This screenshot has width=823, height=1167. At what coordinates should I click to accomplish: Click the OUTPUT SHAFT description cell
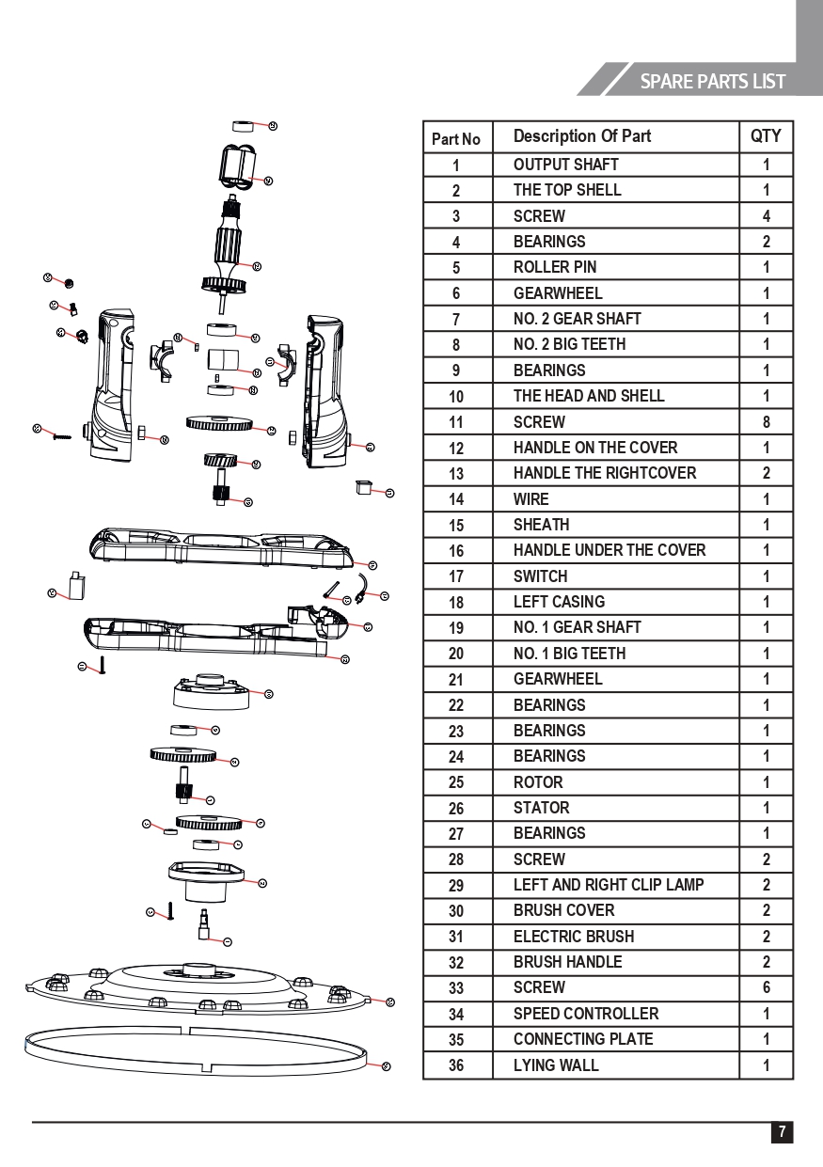pos(565,165)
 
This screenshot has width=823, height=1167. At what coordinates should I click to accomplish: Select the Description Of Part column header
pos(581,136)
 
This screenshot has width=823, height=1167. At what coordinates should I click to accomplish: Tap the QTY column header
pos(766,136)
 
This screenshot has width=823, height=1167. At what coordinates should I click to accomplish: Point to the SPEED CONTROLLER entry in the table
pos(585,1014)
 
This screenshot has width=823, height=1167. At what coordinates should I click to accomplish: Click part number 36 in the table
pos(456,1065)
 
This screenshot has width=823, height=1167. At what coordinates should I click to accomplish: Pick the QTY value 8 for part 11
pos(766,422)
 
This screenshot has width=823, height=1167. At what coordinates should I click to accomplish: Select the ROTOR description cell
pos(538,782)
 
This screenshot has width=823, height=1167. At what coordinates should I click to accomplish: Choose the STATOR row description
pos(541,808)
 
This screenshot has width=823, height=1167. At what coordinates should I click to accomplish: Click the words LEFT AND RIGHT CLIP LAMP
pos(608,885)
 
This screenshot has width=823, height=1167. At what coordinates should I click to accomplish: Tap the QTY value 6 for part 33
pos(766,987)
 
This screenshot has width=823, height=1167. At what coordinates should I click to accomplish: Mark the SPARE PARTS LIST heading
pos(712,81)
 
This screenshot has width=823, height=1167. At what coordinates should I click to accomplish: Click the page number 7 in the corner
pos(782,1131)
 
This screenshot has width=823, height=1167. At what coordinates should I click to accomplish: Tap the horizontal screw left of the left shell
pos(63,434)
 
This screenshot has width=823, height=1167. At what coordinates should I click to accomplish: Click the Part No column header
pos(456,139)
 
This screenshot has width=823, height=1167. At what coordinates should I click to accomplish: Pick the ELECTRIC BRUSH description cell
pos(573,937)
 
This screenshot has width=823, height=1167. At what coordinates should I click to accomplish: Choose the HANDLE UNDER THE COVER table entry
pos(609,550)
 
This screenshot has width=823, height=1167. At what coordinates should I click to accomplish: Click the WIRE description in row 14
pos(530,499)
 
